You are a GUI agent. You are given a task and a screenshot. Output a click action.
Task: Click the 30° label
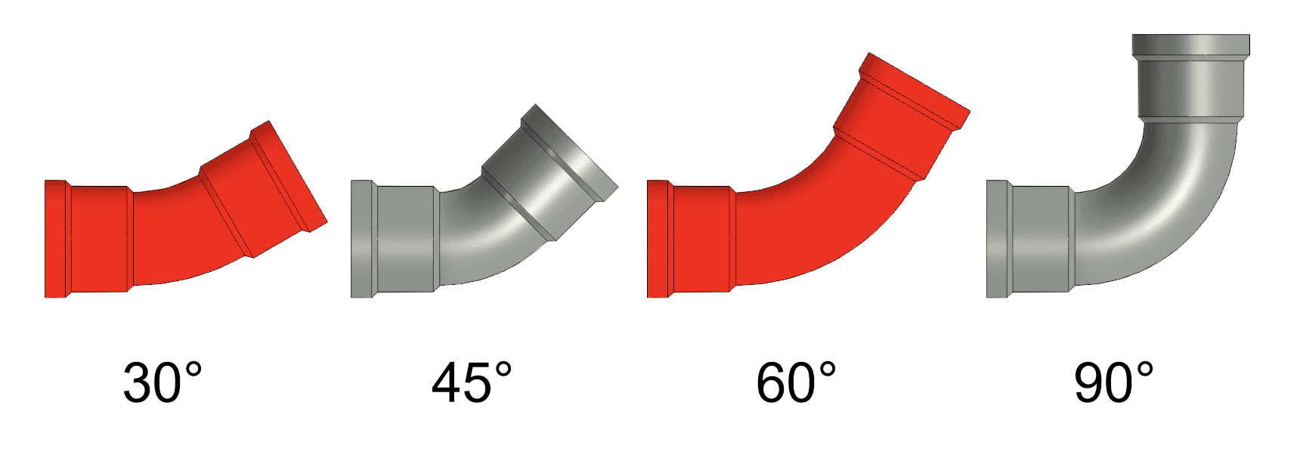[x=162, y=382]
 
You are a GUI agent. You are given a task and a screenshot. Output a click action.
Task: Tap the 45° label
[x=472, y=382]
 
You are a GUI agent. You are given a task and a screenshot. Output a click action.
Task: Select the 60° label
[x=796, y=382]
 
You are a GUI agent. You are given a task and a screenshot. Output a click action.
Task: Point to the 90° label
[x=1113, y=382]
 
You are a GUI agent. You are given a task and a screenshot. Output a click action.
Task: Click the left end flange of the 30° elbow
[x=56, y=239]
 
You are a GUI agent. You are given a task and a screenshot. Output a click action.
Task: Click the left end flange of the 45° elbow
[x=362, y=239]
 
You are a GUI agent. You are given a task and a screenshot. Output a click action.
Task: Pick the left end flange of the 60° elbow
[x=658, y=239]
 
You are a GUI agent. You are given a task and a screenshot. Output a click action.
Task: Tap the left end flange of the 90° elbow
[x=997, y=239]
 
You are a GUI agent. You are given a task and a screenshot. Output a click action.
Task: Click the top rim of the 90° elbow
[x=1190, y=45]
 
